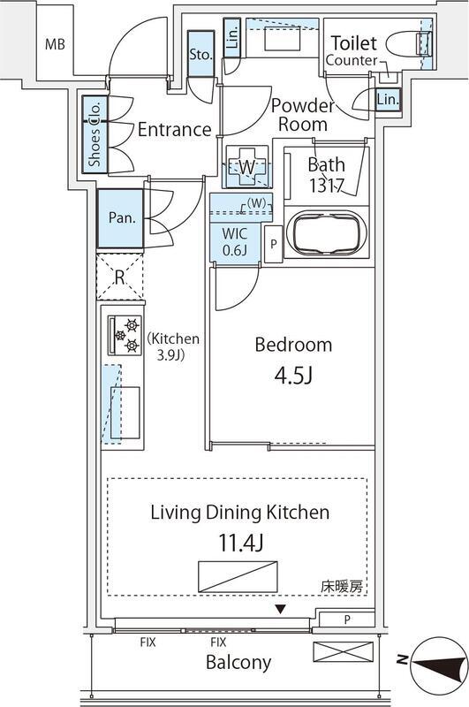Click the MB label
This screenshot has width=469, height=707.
(55, 45)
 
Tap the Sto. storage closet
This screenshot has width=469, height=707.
(200, 54)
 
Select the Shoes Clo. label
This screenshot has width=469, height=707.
(95, 134)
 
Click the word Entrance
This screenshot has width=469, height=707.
(174, 130)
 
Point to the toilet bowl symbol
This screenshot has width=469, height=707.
(410, 43)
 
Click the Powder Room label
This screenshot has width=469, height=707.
(303, 115)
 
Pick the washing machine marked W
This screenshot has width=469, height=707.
(247, 166)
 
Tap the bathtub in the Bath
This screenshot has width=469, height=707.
(327, 232)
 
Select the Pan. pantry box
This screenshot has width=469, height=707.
(121, 218)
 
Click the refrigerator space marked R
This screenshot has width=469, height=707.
(120, 277)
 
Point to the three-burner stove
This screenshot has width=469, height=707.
(124, 335)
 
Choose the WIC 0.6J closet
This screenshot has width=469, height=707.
(235, 241)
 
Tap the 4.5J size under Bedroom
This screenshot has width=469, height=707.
(293, 375)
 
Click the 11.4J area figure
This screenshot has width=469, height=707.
(240, 543)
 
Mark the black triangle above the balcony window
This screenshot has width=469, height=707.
(281, 610)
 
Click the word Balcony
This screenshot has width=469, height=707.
(238, 662)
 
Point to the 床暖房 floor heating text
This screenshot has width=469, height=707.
(342, 587)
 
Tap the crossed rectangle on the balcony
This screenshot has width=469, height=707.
(344, 652)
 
